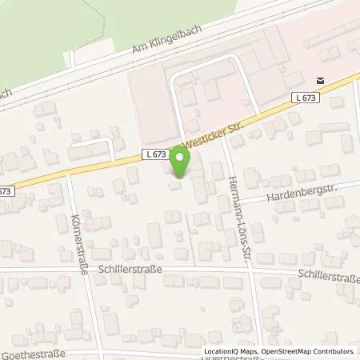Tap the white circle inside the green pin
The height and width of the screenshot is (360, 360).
point(181,159)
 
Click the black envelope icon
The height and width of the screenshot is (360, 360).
point(320,80)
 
